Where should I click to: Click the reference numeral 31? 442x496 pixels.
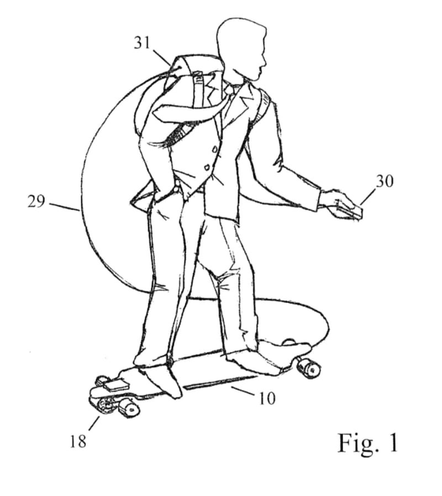(142, 43)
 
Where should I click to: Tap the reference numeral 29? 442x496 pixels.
(36, 201)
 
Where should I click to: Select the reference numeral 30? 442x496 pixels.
(385, 181)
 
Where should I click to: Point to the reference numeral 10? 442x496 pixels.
(267, 398)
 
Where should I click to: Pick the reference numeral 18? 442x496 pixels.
(78, 441)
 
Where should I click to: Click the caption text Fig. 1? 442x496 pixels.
(368, 442)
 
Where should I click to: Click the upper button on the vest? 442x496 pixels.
(215, 148)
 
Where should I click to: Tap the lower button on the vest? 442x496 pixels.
(208, 166)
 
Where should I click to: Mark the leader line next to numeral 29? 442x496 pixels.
(64, 206)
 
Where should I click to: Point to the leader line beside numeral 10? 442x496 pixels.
(243, 391)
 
